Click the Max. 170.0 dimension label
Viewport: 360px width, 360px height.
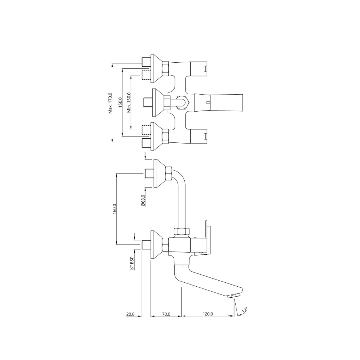(x=110, y=103)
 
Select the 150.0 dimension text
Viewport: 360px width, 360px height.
(x=120, y=103)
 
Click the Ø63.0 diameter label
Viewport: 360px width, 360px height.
(x=143, y=200)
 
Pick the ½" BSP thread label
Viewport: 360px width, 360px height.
(x=132, y=263)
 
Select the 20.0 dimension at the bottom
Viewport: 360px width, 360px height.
(x=130, y=314)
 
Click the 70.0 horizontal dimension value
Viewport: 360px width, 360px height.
(x=166, y=314)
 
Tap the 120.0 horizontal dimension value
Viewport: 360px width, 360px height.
(x=208, y=314)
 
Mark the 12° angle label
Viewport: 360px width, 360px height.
(x=244, y=311)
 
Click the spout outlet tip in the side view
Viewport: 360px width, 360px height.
(x=235, y=295)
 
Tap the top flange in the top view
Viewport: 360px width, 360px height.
(x=156, y=66)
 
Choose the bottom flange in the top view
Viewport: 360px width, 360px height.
(x=156, y=136)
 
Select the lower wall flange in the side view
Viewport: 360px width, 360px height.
(x=156, y=244)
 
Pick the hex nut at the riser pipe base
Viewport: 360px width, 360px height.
(x=181, y=231)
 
